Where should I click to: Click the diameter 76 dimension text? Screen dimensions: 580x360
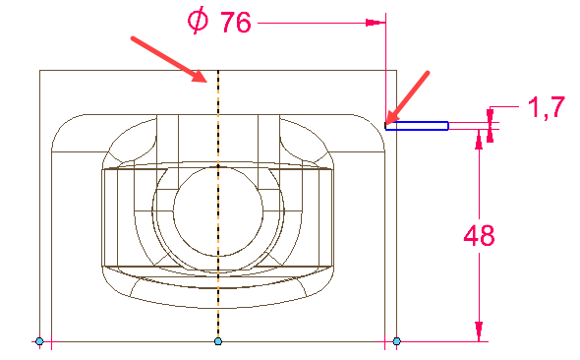pyautogui.click(x=219, y=22)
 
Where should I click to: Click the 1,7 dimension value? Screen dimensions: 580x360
pyautogui.click(x=546, y=107)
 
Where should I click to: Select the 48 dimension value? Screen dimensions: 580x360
pyautogui.click(x=479, y=235)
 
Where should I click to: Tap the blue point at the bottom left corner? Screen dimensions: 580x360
pyautogui.click(x=39, y=341)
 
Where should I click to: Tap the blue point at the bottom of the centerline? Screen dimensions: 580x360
pyautogui.click(x=218, y=341)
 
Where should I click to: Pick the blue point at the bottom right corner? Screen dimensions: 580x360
pyautogui.click(x=396, y=341)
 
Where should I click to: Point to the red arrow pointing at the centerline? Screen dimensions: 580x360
pyautogui.click(x=169, y=59)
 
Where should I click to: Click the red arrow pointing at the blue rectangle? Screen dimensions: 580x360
pyautogui.click(x=408, y=97)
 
